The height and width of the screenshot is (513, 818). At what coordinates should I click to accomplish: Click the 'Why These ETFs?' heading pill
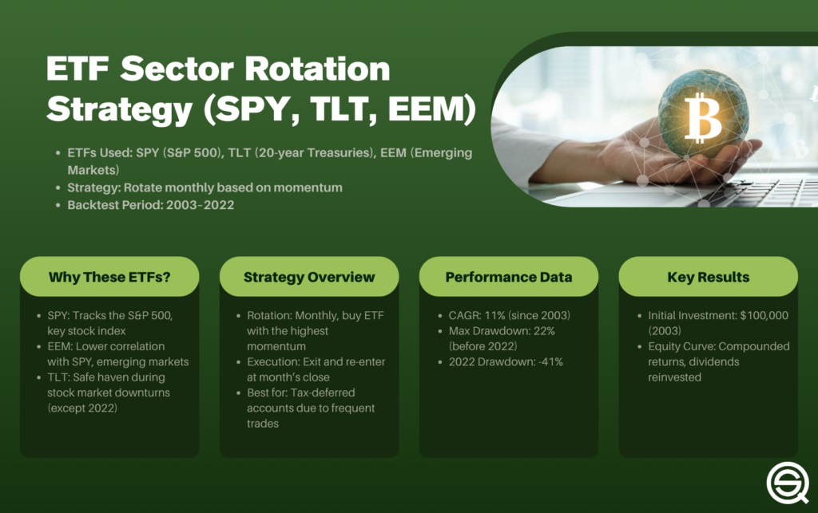(x=109, y=277)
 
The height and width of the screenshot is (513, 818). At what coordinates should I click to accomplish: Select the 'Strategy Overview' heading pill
(x=308, y=277)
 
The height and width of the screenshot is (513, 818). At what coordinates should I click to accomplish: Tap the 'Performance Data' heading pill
(x=508, y=277)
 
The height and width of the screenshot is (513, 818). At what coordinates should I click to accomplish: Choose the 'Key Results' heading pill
(x=708, y=277)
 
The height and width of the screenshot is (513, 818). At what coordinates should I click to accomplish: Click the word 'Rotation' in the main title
(x=311, y=70)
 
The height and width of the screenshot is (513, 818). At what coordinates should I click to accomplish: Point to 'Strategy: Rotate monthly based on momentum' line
(x=204, y=187)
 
